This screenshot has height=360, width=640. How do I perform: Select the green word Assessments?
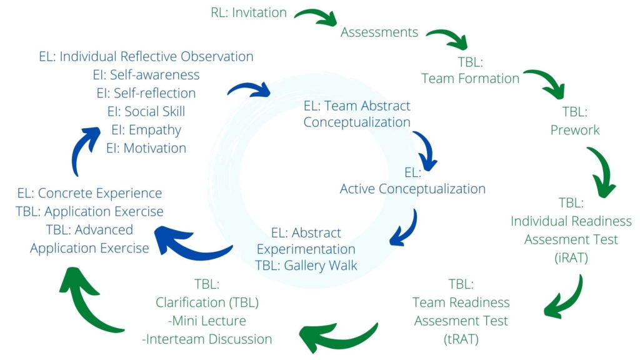(379, 32)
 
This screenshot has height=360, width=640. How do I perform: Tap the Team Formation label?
(471, 78)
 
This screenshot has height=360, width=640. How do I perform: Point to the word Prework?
(574, 130)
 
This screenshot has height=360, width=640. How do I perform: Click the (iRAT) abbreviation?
(571, 257)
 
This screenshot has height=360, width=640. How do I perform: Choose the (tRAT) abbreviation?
(461, 339)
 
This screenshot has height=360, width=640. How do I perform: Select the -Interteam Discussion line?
(207, 339)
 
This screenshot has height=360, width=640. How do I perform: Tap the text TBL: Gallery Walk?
(306, 265)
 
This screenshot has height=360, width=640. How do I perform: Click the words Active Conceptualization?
(412, 188)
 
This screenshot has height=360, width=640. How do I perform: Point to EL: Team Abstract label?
(357, 106)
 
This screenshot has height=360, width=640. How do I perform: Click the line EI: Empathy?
(146, 130)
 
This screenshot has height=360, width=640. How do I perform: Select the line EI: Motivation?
(146, 148)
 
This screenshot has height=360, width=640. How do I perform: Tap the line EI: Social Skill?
(146, 111)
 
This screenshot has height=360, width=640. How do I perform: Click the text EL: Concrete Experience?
(89, 193)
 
